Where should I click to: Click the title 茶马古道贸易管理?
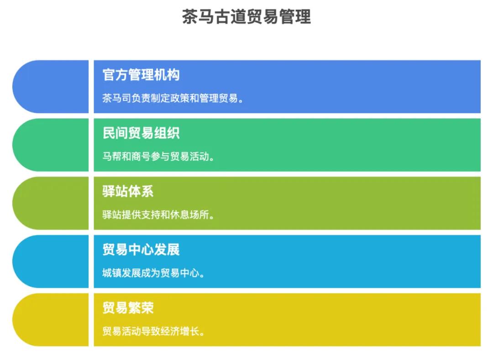pos(246,17)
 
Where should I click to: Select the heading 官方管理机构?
pos(141,75)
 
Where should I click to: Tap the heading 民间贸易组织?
pos(141,133)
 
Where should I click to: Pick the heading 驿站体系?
pos(128,191)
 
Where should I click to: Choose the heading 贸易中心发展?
pos(141,249)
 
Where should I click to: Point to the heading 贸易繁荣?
pos(128,308)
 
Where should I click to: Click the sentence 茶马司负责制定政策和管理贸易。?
pos(173,98)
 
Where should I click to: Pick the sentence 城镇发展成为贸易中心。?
pos(153,273)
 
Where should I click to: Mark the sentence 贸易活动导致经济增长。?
pos(153,331)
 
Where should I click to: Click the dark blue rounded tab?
pos(51,86)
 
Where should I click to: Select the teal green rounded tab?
pos(51,145)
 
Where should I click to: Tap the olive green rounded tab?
pos(51,203)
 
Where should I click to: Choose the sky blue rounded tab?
pos(51,261)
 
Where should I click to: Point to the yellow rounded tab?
pos(51,319)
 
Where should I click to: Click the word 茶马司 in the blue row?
pos(117,98)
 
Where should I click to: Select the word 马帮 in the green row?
pos(112,156)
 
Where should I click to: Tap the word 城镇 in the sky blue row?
pos(112,273)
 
